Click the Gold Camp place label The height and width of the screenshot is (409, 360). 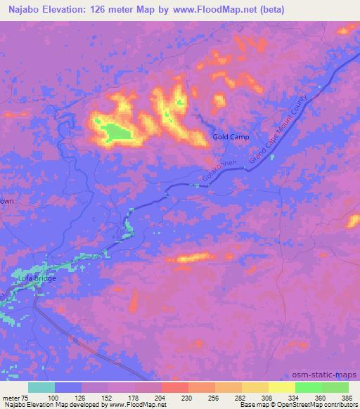pos(231,138)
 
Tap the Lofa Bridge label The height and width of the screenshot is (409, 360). pos(37,279)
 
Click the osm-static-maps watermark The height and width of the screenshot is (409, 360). pos(330,375)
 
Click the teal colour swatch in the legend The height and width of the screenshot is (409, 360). pos(41,387)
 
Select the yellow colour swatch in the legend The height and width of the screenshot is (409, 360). pos(281,387)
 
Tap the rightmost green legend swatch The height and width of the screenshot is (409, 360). pos(335,387)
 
